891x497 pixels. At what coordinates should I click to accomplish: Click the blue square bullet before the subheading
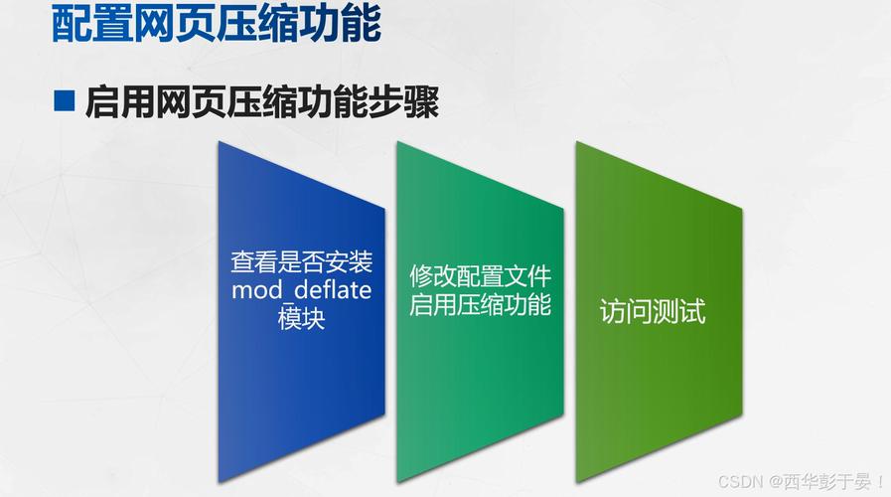pyautogui.click(x=65, y=101)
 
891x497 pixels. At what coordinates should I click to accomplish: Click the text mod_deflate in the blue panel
pyautogui.click(x=301, y=290)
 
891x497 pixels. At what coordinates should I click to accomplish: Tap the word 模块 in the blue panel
pyautogui.click(x=301, y=319)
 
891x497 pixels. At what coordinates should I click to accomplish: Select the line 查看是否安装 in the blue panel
pyautogui.click(x=301, y=262)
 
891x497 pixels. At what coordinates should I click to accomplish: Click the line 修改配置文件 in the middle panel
pyautogui.click(x=480, y=275)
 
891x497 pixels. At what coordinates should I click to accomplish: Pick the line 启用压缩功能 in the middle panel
pyautogui.click(x=480, y=304)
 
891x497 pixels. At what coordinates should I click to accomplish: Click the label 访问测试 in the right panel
pyautogui.click(x=652, y=311)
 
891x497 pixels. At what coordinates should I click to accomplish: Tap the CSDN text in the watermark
pyautogui.click(x=738, y=482)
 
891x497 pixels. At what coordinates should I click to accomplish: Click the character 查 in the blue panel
pyautogui.click(x=242, y=262)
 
